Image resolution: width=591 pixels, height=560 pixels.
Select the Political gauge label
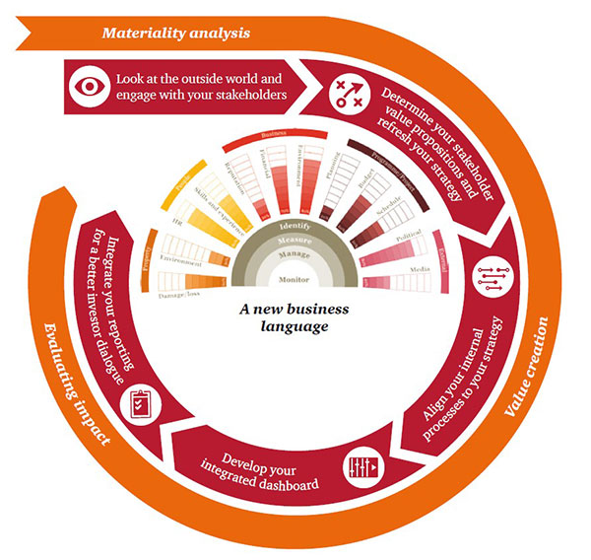click(407, 237)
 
